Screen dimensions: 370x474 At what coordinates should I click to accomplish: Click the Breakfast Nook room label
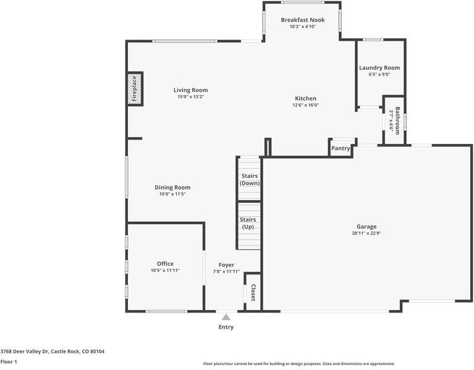point(302,20)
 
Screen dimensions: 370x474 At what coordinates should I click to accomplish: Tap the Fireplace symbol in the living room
point(134,89)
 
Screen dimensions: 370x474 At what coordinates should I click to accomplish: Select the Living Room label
point(190,90)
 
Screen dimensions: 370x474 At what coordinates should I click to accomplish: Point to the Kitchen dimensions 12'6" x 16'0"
point(305,105)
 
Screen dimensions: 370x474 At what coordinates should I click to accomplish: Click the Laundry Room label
point(379,67)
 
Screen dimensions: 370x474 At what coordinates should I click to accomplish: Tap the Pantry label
point(341,148)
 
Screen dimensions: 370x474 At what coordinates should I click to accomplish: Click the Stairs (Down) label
point(250,180)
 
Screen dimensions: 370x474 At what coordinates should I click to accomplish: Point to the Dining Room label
point(172,187)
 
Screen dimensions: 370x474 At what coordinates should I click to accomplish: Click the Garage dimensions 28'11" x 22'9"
point(366,233)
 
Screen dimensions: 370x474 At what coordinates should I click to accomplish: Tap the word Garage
point(366,226)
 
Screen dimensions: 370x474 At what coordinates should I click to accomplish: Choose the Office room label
point(165,264)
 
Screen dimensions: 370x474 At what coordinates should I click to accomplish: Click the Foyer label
point(226,264)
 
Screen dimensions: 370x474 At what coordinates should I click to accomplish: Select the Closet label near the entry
point(253,293)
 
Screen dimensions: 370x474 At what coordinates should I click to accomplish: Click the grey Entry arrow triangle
point(226,317)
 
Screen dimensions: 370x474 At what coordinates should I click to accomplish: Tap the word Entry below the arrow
point(226,327)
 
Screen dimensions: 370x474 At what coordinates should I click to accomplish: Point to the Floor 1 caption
point(9,361)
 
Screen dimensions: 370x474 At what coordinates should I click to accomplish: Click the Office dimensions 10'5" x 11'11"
point(165,271)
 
